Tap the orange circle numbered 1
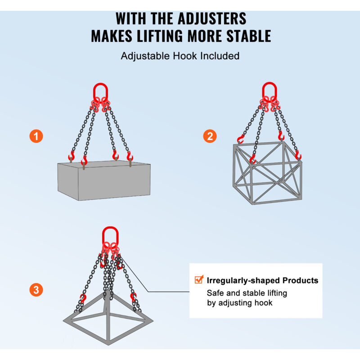tap(36, 136)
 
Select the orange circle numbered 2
tap(210, 136)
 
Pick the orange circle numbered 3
tap(36, 289)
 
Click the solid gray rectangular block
tap(104, 180)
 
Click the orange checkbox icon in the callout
tap(199, 279)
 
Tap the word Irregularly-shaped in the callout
tap(243, 280)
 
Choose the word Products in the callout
tap(300, 280)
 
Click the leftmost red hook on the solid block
tap(72, 157)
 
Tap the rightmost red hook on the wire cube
tap(298, 155)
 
